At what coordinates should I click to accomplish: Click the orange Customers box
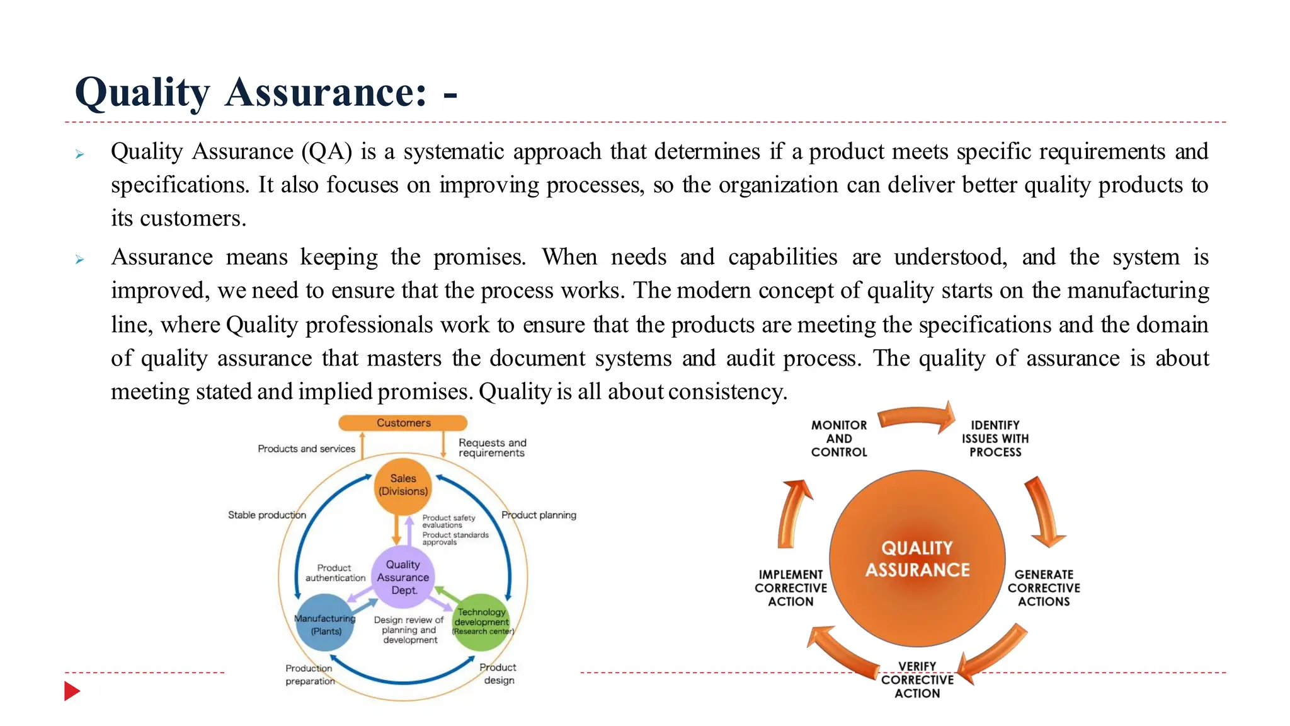point(403,423)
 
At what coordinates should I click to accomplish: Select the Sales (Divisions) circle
point(403,485)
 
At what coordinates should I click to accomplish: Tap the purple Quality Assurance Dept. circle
point(403,577)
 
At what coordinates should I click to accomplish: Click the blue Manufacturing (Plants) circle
point(325,624)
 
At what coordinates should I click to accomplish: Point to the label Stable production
point(267,515)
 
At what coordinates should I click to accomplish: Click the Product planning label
point(539,515)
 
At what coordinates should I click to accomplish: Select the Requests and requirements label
point(492,447)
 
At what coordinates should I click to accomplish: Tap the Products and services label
point(306,449)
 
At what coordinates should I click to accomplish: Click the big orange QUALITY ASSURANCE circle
point(917,558)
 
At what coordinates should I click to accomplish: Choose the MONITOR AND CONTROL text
point(839,439)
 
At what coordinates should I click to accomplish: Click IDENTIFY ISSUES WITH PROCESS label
point(995,439)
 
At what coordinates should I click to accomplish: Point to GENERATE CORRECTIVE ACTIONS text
point(1044,588)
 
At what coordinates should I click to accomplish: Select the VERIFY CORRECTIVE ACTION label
point(917,680)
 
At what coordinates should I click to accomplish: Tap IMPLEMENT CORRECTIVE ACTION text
point(791,588)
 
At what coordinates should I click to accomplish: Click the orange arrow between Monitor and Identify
point(917,417)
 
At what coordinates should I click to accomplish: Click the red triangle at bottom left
point(71,691)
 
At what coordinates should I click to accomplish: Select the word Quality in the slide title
point(142,93)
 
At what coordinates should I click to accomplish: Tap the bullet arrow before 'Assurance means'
point(79,259)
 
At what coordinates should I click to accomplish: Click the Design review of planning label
point(409,630)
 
